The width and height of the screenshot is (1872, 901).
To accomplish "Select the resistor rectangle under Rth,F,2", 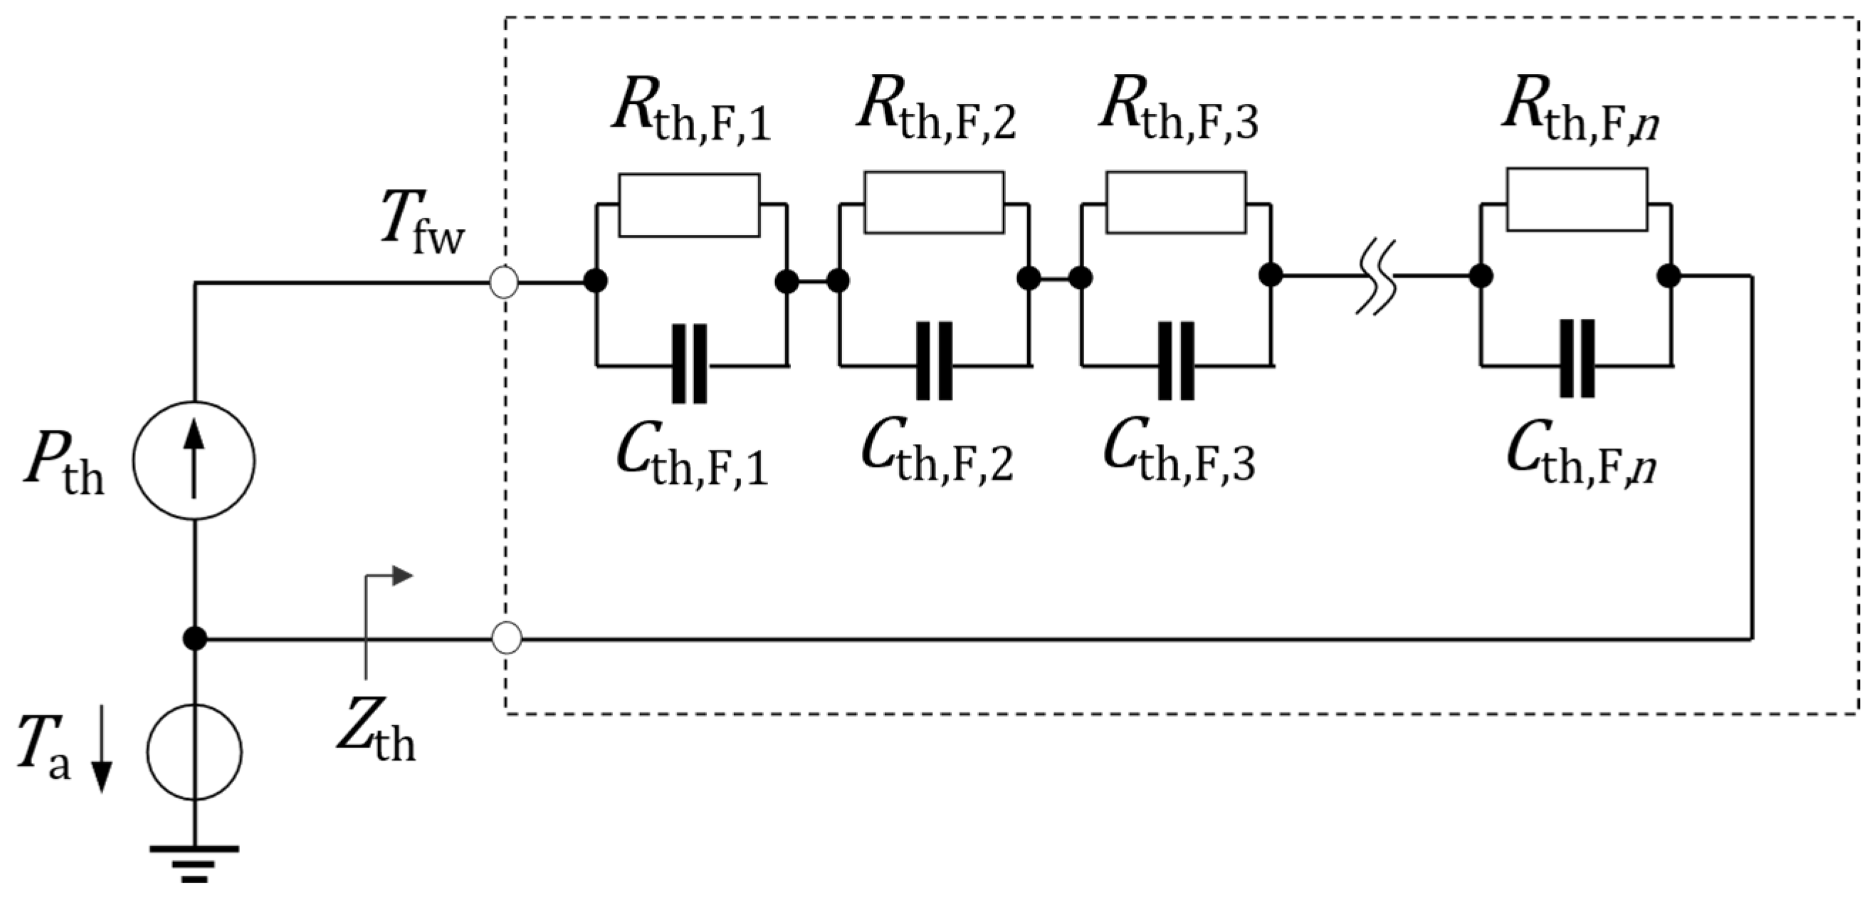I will (934, 203).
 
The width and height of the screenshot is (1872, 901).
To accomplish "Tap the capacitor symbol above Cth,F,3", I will (1176, 361).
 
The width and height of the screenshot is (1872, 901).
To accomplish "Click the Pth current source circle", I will (194, 460).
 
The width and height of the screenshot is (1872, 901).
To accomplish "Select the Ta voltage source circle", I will (194, 752).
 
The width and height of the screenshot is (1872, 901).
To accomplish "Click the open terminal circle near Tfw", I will (505, 282).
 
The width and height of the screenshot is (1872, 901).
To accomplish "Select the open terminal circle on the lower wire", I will (507, 638).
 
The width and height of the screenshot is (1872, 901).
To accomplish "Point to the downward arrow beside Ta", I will (102, 749).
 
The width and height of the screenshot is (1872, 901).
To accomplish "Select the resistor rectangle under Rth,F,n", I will (1577, 200).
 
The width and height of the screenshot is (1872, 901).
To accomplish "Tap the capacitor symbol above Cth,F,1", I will (689, 363).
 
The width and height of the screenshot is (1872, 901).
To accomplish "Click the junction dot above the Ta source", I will (194, 638).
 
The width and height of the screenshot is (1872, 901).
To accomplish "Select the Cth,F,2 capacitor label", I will (937, 455).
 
